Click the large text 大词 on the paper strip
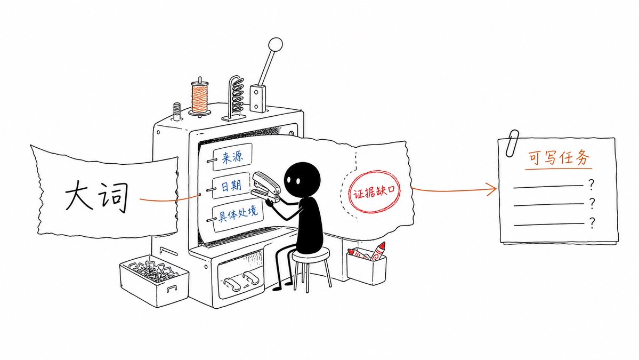(x=96, y=196)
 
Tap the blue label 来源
(x=232, y=157)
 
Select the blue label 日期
(x=231, y=186)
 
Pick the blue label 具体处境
(x=238, y=213)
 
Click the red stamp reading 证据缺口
(x=374, y=191)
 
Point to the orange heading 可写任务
(x=559, y=157)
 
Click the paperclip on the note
(x=512, y=143)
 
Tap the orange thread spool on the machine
(x=200, y=98)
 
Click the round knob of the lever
(x=276, y=44)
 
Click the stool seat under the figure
(x=311, y=254)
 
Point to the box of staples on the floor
(x=154, y=281)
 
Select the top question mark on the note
(x=592, y=185)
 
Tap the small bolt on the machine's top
(x=177, y=111)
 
